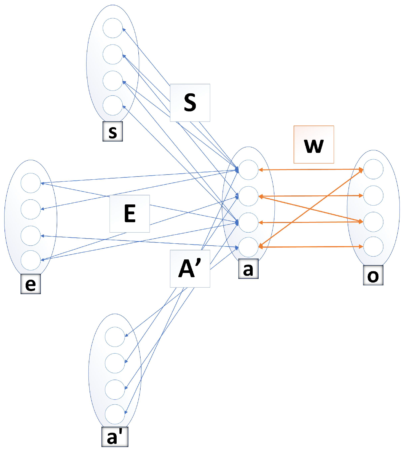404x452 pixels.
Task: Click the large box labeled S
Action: pos(190,103)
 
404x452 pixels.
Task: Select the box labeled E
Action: pos(130,213)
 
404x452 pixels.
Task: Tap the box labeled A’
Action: pos(190,268)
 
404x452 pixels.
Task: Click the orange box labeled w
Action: pos(314,144)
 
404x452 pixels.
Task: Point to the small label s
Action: pos(112,131)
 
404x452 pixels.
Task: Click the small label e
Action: pos(31,284)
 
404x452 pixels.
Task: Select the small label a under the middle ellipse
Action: pos(248,269)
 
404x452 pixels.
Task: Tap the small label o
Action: pos(373,275)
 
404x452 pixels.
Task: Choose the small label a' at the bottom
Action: pos(115,437)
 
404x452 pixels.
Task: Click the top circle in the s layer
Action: pos(113,28)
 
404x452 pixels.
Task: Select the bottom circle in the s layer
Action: pos(113,105)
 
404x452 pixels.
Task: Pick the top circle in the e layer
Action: pos(31,183)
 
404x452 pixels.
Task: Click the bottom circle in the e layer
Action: pos(31,260)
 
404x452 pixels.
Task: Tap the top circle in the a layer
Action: pos(248,170)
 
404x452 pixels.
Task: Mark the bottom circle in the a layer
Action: pos(248,247)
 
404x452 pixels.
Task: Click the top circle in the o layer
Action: pos(373,169)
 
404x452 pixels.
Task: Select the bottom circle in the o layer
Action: pos(373,247)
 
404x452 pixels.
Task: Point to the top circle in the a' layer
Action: pos(115,337)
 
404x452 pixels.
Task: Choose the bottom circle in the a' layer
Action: pos(115,414)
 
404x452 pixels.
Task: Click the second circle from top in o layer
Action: pos(373,195)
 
